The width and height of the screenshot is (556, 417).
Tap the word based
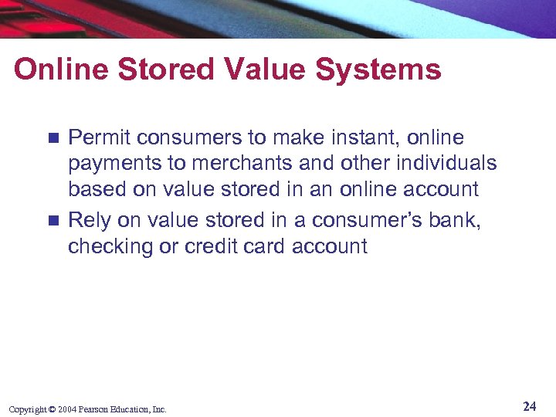point(93,189)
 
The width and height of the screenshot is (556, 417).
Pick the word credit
point(211,246)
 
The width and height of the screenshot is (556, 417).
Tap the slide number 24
point(529,406)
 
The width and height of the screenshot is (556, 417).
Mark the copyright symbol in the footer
point(52,409)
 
